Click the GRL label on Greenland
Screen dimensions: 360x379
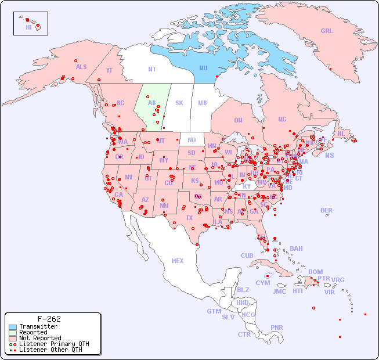point(327,31)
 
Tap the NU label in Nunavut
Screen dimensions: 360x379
point(203,68)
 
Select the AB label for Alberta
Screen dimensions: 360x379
point(151,103)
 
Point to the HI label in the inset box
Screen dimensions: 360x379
point(28,27)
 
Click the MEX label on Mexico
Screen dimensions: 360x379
point(178,261)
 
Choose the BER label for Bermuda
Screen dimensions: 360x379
point(326,210)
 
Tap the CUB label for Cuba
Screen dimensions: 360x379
point(247,255)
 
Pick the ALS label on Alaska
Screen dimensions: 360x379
point(81,67)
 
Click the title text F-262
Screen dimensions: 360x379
point(49,319)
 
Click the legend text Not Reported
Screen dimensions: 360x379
point(40,338)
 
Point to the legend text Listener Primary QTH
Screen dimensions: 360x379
point(54,344)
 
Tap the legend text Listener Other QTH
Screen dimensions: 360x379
point(50,350)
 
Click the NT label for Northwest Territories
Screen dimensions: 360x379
point(151,69)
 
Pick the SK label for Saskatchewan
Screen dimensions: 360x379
point(179,103)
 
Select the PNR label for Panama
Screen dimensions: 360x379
point(277,327)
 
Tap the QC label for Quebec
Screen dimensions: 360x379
point(282,119)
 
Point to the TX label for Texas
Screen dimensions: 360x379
point(189,218)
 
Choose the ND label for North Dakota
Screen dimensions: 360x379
point(192,140)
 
